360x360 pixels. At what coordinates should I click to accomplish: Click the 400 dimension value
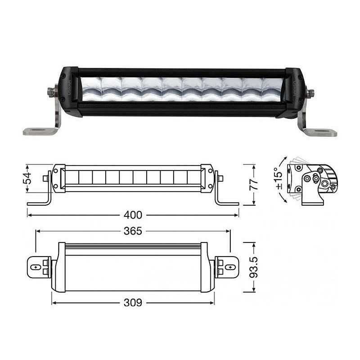[x=133, y=215]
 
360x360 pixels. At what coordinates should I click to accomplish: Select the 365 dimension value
[x=133, y=231]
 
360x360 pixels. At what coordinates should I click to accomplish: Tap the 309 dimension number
[x=133, y=303]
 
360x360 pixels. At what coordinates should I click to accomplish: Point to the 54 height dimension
[x=27, y=178]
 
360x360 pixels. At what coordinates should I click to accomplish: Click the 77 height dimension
[x=254, y=184]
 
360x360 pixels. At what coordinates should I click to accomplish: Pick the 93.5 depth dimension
[x=254, y=267]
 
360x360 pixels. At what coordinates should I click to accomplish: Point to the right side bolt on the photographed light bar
[x=310, y=93]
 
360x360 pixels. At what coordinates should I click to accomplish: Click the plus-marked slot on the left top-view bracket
[x=36, y=267]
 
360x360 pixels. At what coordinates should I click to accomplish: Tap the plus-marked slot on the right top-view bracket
[x=230, y=267]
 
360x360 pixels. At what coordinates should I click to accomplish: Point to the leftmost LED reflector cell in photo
[x=91, y=89]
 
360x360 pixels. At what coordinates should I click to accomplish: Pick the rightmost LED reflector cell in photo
[x=273, y=90]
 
